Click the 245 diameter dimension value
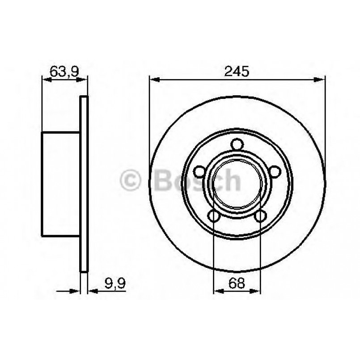[x=237, y=71]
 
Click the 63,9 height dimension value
[x=64, y=71]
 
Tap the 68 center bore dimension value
[x=237, y=283]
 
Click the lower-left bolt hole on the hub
[x=214, y=216]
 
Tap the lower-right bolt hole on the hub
[x=259, y=216]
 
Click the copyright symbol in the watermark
[x=131, y=181]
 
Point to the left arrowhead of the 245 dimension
[x=154, y=80]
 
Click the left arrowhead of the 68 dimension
[x=218, y=291]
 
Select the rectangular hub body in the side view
[x=60, y=183]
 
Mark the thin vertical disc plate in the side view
[x=84, y=183]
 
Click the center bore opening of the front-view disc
[x=237, y=183]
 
